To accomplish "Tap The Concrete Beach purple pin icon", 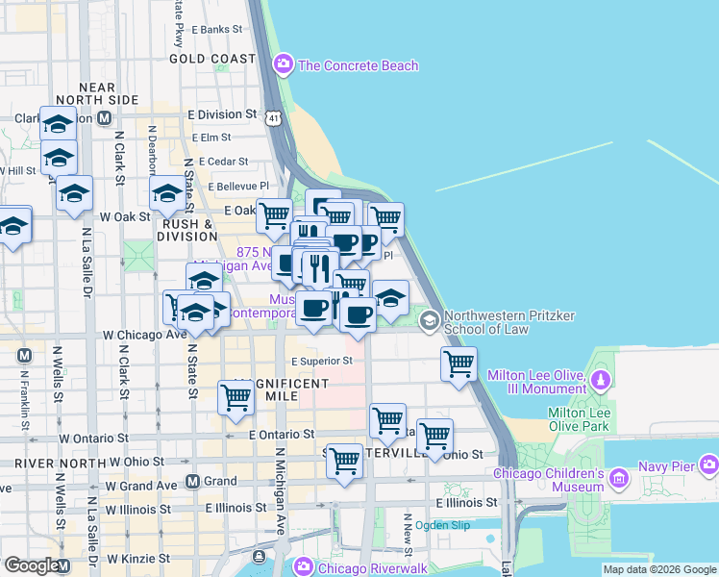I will pos(284,65).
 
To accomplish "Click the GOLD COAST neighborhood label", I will pos(212,59).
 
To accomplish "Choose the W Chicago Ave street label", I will pos(144,335).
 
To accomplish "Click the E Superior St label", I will pos(321,362).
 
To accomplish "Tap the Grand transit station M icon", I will pos(192,481).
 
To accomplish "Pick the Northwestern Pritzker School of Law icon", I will pos(429,320).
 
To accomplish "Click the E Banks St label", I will pos(217,30).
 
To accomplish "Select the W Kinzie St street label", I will pos(138,558).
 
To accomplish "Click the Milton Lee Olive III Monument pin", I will pos(603,378).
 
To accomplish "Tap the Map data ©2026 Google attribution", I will pos(659,569).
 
